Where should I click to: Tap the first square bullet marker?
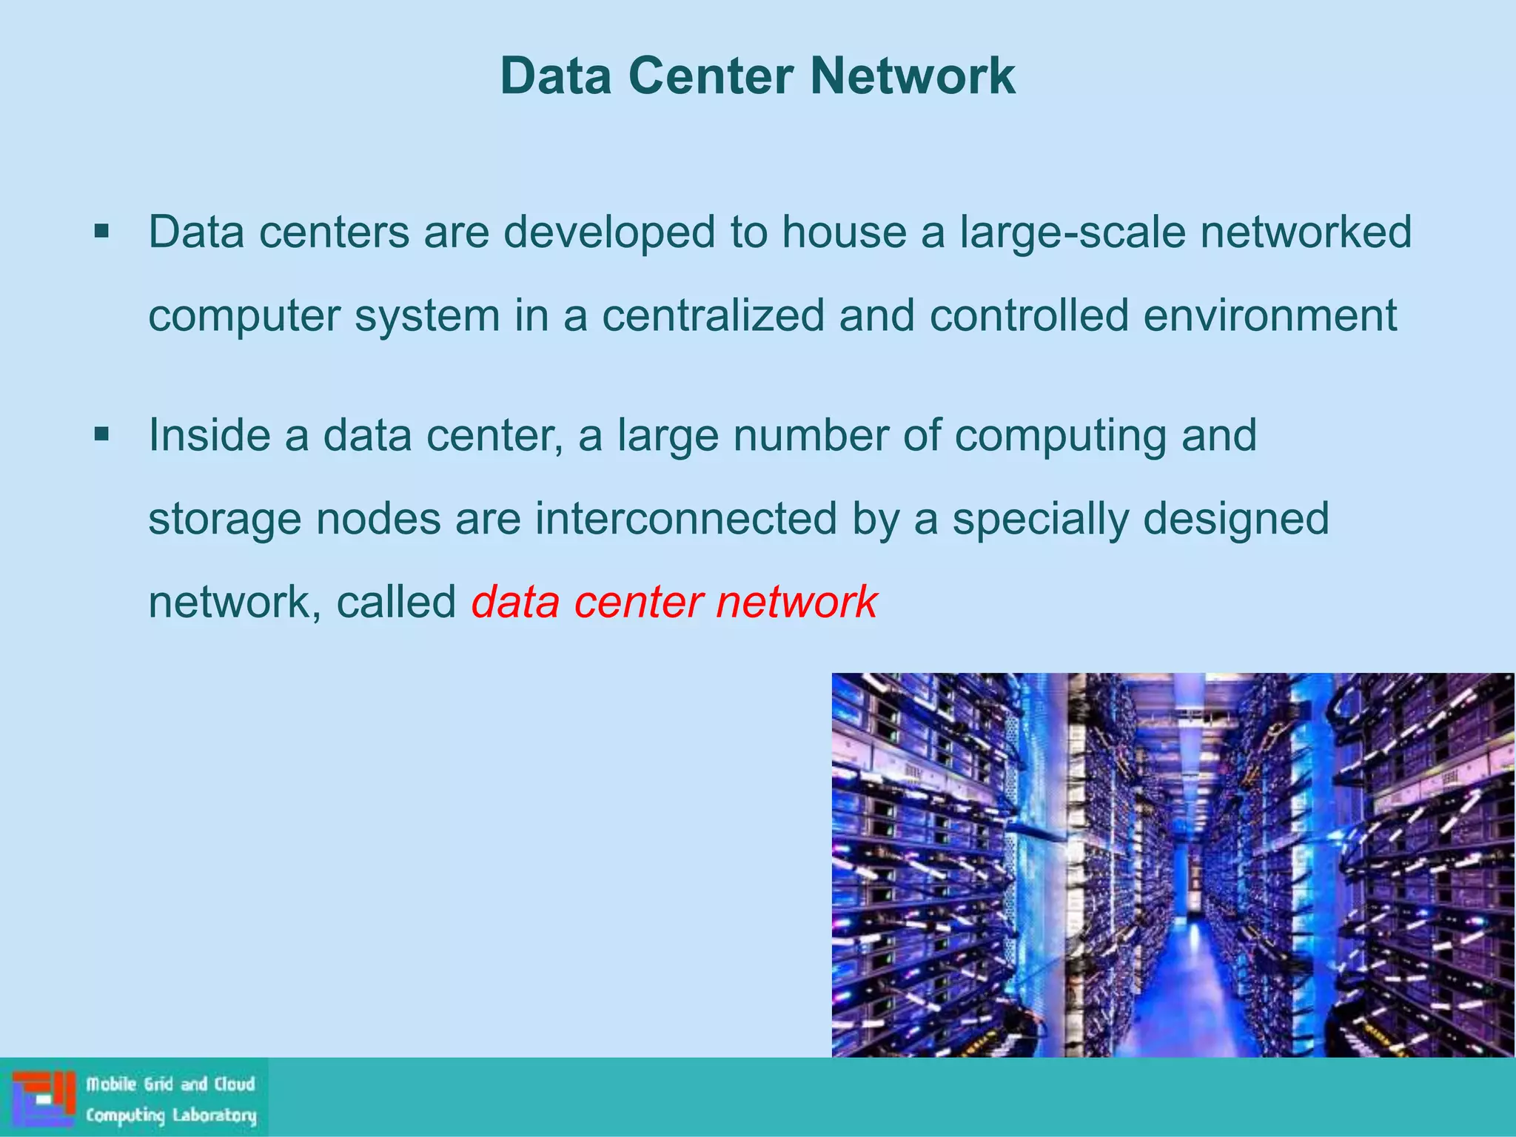point(101,232)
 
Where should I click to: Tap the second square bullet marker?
point(101,435)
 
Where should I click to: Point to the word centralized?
point(713,315)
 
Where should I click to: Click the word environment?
point(1270,315)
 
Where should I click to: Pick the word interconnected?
point(686,518)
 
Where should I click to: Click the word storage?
point(224,520)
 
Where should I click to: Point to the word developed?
point(609,232)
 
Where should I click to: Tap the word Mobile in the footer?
point(112,1084)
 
